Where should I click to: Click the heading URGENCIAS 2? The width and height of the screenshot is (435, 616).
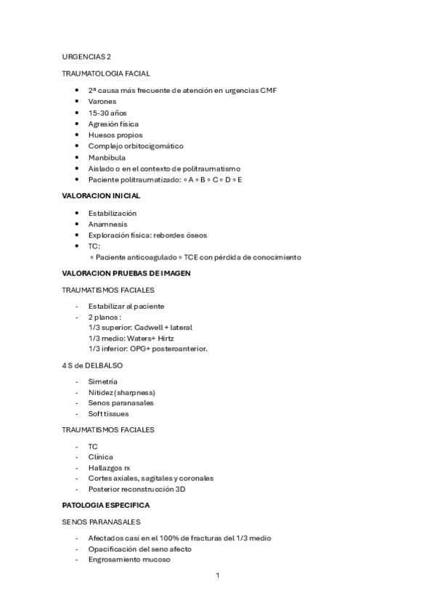tap(86, 56)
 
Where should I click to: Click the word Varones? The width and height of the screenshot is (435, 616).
tap(102, 102)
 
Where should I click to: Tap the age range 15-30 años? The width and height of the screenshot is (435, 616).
tap(106, 113)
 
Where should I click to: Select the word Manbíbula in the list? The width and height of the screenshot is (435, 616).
tap(107, 157)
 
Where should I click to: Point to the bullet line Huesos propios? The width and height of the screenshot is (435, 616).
tap(115, 135)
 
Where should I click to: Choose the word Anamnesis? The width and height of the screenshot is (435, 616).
tap(107, 224)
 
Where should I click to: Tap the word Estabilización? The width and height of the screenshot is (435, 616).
tap(112, 213)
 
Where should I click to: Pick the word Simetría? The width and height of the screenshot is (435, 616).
tap(102, 381)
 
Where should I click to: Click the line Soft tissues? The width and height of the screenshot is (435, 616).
tap(107, 414)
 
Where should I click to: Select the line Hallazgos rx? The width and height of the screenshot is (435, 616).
tap(109, 467)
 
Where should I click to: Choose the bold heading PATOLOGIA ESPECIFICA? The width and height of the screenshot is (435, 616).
tap(105, 505)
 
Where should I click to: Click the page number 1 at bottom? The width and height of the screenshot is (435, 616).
tap(217, 575)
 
